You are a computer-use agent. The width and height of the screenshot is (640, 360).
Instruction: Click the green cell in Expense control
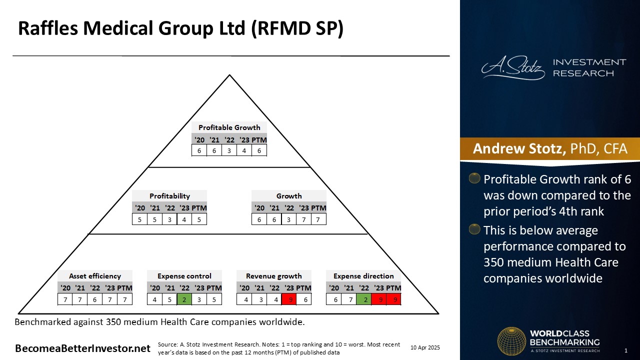184,299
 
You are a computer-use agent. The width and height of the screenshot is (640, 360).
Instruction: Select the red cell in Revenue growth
289,299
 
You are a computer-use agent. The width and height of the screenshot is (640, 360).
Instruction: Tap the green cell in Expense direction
364,299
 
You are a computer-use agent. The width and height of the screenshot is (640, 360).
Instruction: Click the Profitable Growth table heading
229,127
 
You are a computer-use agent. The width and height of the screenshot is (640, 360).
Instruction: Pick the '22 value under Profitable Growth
229,150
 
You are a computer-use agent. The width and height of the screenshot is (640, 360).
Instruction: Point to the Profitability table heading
169,196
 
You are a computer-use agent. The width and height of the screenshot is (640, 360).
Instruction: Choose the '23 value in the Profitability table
184,219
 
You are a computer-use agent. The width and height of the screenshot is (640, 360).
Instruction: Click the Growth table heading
289,196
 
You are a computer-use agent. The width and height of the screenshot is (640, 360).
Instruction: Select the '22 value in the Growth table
289,219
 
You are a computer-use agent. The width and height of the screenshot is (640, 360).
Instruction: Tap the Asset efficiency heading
95,276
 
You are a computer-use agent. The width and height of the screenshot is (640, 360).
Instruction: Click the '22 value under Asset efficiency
95,299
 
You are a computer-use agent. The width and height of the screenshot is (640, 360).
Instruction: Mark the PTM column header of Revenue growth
303,287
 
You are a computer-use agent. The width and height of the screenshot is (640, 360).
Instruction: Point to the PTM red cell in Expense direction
394,299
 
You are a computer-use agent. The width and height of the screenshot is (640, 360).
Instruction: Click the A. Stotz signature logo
513,67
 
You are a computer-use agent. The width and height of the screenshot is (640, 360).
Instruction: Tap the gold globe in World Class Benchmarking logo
511,341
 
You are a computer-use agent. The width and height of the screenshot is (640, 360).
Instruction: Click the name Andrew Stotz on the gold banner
519,148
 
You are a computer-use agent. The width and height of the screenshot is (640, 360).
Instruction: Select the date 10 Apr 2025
425,347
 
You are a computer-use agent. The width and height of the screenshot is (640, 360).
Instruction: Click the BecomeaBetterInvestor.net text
82,348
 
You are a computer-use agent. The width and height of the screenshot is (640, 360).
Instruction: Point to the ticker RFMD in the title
289,28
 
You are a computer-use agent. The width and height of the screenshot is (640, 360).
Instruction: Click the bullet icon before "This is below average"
474,229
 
